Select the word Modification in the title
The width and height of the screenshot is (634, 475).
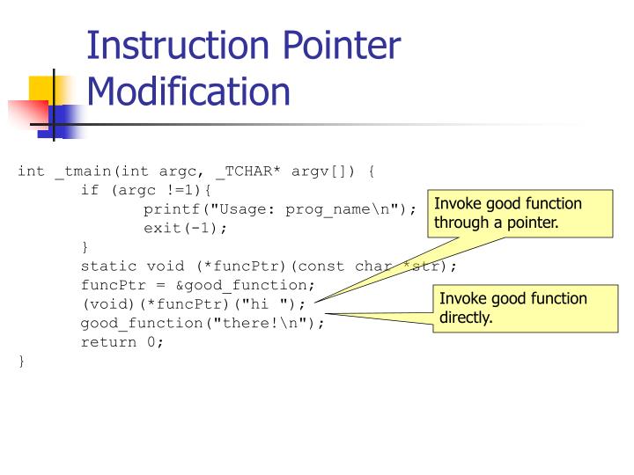click(x=189, y=91)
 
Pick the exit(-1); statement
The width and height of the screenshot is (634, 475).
click(x=185, y=228)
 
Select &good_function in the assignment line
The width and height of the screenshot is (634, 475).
click(x=256, y=285)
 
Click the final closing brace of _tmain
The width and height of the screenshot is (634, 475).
click(x=21, y=362)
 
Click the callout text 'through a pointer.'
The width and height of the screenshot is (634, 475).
click(x=495, y=223)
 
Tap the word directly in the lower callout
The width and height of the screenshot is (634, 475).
click(x=466, y=317)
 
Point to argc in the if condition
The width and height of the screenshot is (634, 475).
click(x=144, y=189)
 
